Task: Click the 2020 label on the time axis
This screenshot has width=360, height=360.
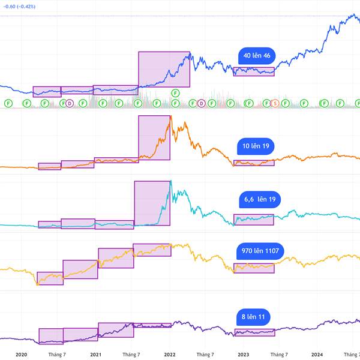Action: [22, 355]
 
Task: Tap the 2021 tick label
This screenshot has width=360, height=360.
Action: [95, 355]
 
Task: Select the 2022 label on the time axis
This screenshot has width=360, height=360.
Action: [169, 355]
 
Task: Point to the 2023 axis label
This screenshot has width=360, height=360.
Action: [243, 355]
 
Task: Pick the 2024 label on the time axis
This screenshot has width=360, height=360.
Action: [317, 355]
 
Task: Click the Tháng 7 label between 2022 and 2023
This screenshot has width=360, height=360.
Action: [205, 355]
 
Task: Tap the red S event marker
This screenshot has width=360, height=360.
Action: [275, 103]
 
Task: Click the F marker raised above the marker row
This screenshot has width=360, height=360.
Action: [175, 92]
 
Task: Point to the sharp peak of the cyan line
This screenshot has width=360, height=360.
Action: [171, 181]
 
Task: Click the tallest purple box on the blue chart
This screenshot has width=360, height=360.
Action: [164, 70]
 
